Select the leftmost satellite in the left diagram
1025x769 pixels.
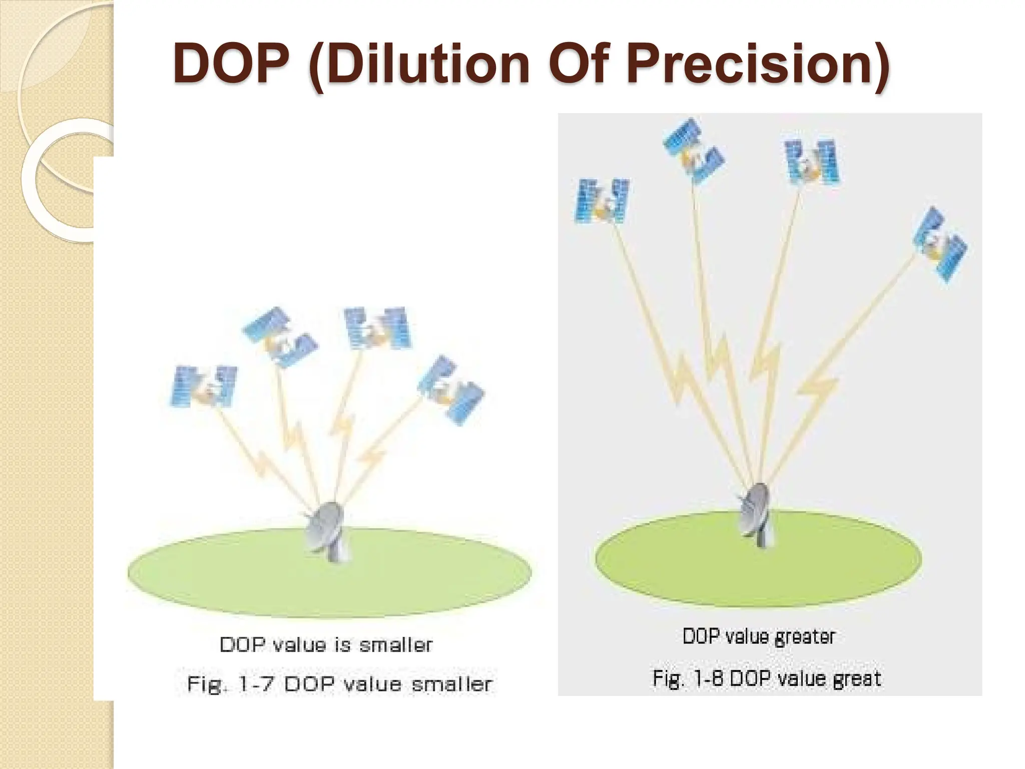pos(204,386)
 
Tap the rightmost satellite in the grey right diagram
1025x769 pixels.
pos(940,245)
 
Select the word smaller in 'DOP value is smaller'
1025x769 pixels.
pos(396,645)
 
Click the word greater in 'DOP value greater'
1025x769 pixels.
pos(805,637)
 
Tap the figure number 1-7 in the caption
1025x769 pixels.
pos(256,684)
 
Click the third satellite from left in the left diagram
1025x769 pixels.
pos(377,328)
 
